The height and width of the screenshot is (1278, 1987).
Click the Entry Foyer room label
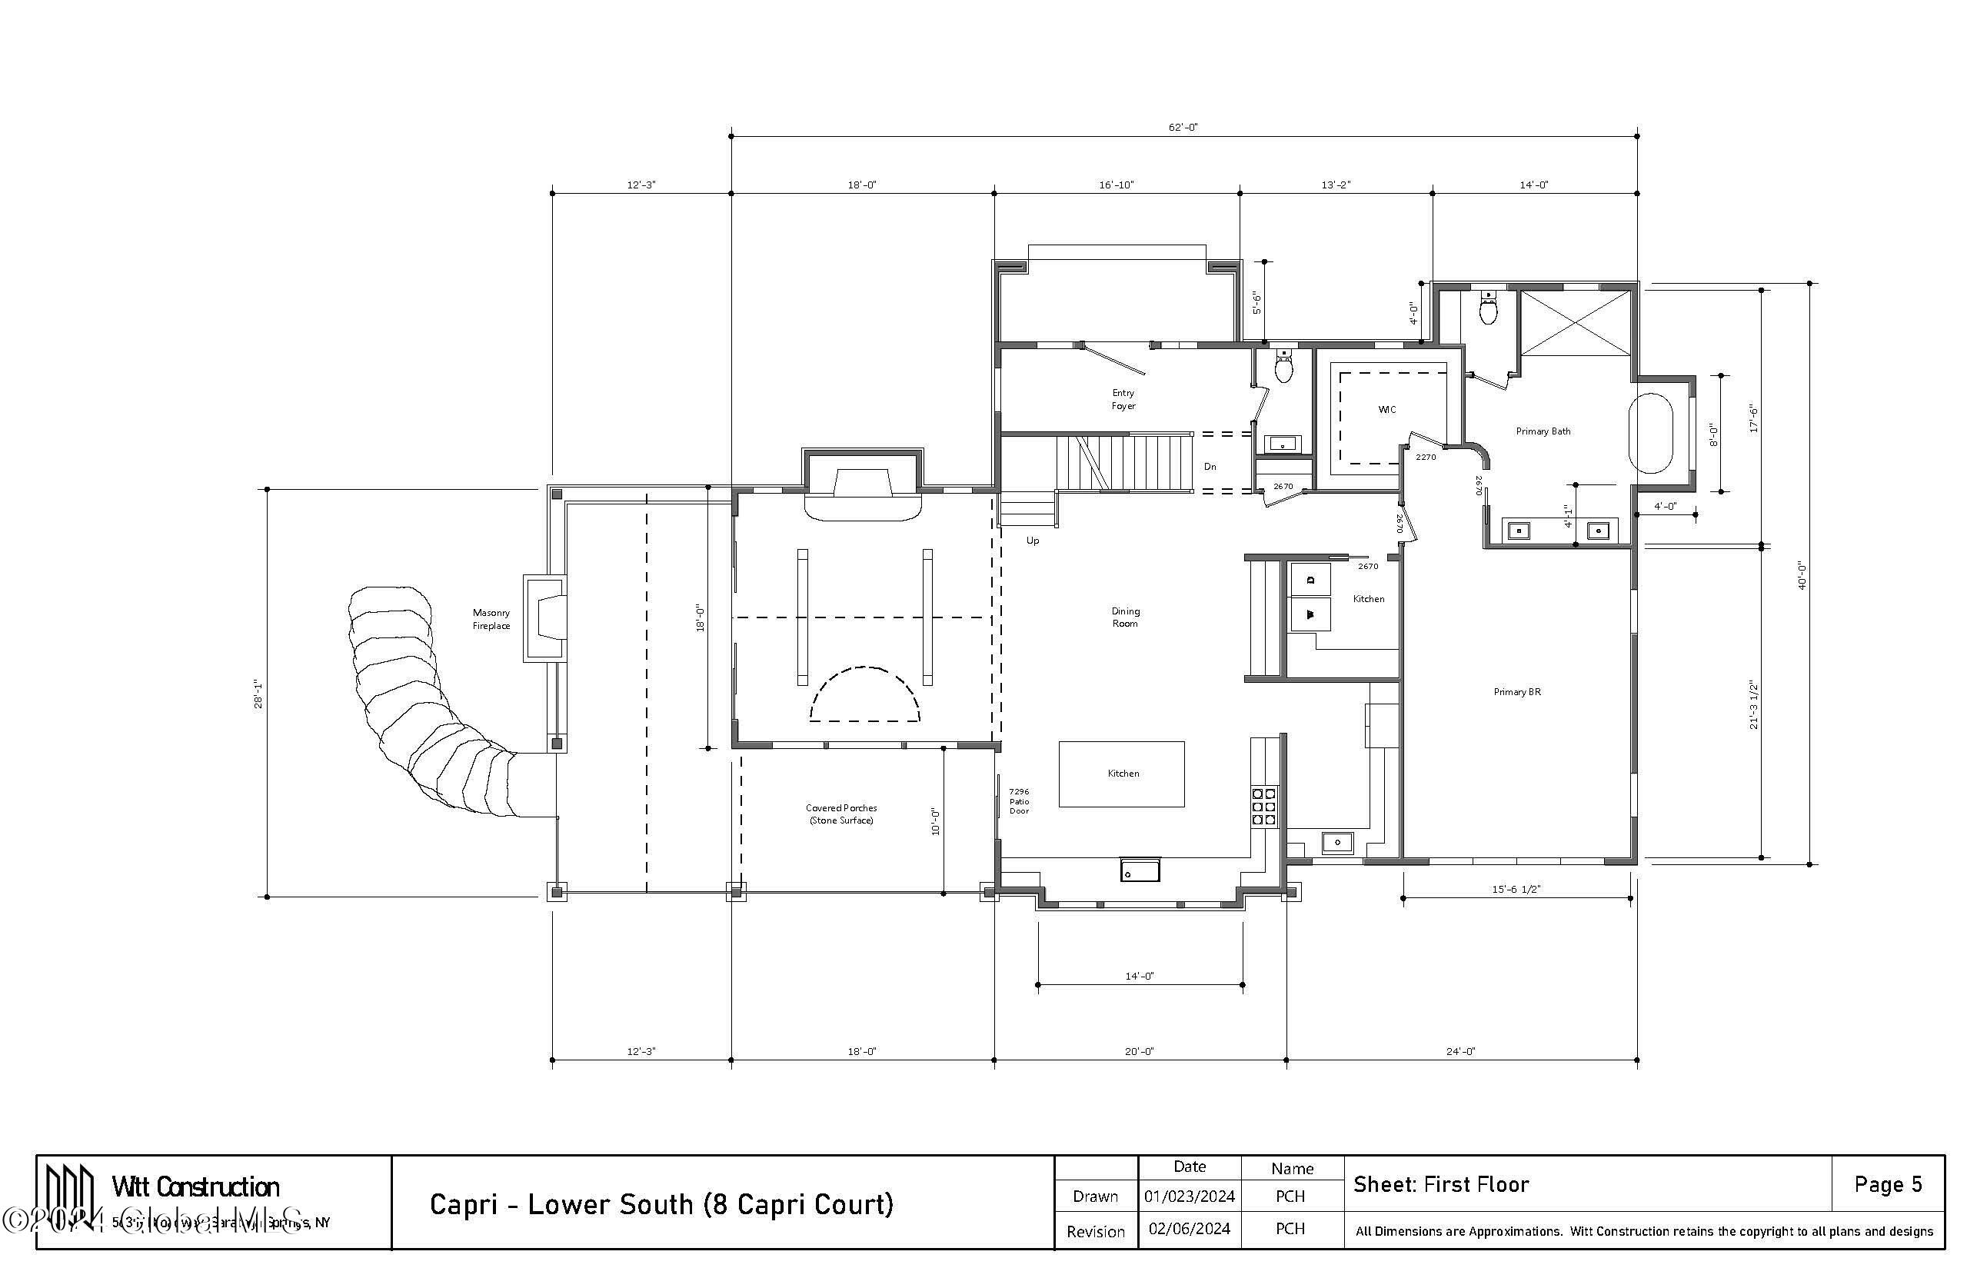[x=1123, y=399]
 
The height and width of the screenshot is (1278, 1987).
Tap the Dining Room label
[x=1125, y=617]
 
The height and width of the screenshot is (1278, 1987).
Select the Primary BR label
[x=1516, y=691]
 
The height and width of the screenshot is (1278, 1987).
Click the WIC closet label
[x=1386, y=409]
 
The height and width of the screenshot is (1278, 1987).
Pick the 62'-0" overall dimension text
[x=1183, y=127]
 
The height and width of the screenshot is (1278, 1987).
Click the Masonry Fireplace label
[x=491, y=619]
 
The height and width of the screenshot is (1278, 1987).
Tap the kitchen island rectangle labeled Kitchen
[x=1122, y=774]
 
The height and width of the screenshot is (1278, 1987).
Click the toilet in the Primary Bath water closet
[x=1489, y=310]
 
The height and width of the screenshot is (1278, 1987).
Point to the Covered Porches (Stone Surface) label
[x=840, y=814]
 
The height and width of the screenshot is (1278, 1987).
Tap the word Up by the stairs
[x=1032, y=541]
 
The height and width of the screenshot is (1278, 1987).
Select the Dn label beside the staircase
[x=1210, y=467]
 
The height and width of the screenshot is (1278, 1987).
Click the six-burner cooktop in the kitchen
[x=1263, y=806]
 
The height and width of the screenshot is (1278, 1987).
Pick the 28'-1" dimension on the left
[x=259, y=694]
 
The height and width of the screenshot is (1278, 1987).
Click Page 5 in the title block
[x=1888, y=1184]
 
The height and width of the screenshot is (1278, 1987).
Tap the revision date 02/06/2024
[x=1189, y=1228]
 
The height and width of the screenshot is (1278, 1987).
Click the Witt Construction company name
[x=196, y=1186]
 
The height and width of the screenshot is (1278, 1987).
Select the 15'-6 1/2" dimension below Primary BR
[x=1516, y=889]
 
